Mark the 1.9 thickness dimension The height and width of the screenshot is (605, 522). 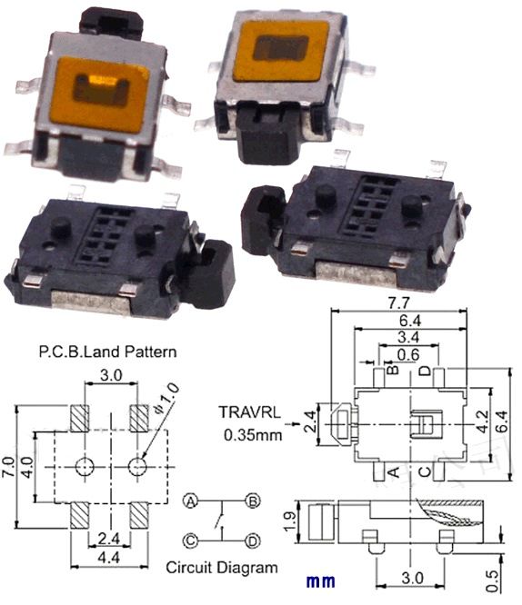point(289,521)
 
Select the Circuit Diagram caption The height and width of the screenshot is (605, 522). point(222,568)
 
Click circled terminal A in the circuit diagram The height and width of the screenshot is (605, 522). point(192,501)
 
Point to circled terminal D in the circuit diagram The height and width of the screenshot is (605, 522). point(254,541)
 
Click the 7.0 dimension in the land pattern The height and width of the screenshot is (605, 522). point(10,467)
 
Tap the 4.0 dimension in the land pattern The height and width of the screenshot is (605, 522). point(29,467)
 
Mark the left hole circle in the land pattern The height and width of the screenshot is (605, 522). point(85,467)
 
